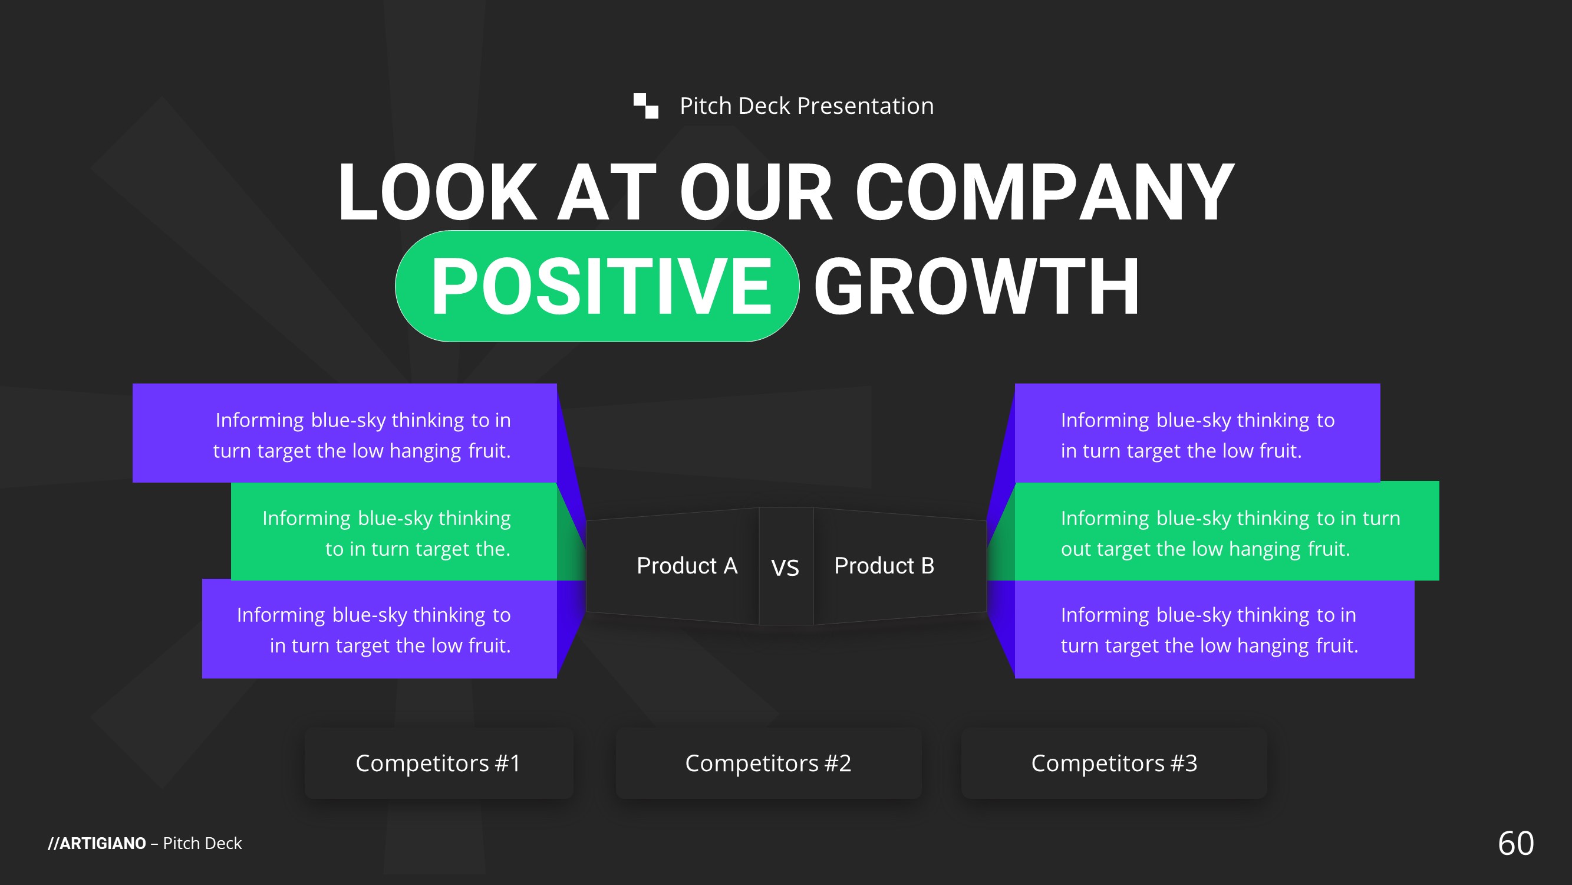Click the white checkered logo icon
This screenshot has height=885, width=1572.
tap(645, 106)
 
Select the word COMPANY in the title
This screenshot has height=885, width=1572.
tap(1044, 192)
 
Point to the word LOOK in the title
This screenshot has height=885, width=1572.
tap(437, 192)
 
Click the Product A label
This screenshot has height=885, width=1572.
tap(687, 566)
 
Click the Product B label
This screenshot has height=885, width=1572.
tap(884, 566)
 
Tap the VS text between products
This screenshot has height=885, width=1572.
tap(785, 568)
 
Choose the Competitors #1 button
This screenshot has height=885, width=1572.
tap(439, 763)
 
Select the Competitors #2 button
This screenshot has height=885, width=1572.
tap(768, 763)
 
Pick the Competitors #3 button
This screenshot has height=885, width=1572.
tap(1113, 763)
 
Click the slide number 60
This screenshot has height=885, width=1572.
tap(1516, 844)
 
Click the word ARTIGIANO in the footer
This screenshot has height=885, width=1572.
tap(103, 844)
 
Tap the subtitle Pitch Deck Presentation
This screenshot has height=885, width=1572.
tap(807, 106)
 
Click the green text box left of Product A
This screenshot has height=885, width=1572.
tap(394, 532)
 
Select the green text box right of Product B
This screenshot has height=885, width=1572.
tap(1227, 532)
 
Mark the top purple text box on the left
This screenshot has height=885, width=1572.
tap(344, 433)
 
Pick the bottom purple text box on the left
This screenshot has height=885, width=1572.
tap(379, 629)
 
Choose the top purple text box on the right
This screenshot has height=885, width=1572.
tap(1197, 433)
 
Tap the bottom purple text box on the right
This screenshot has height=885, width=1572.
tap(1214, 629)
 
